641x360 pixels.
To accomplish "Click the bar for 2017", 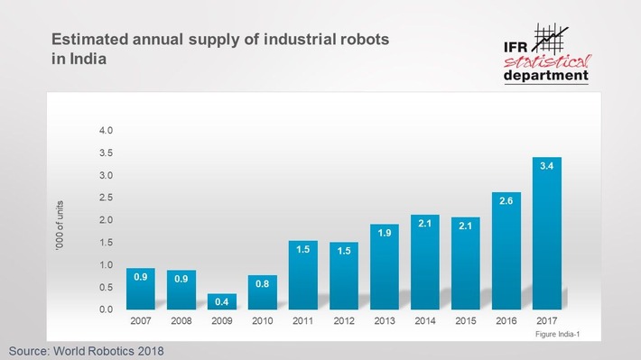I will click(x=547, y=235).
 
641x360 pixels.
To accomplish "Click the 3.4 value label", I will click(x=547, y=165).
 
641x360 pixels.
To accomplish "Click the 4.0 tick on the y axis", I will click(x=106, y=131).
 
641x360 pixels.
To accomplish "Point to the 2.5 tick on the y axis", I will click(x=106, y=198).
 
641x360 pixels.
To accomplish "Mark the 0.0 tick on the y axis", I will click(x=106, y=309).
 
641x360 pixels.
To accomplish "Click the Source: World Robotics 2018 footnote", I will click(x=88, y=349).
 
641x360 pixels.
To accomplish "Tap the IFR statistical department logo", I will click(x=547, y=53).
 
